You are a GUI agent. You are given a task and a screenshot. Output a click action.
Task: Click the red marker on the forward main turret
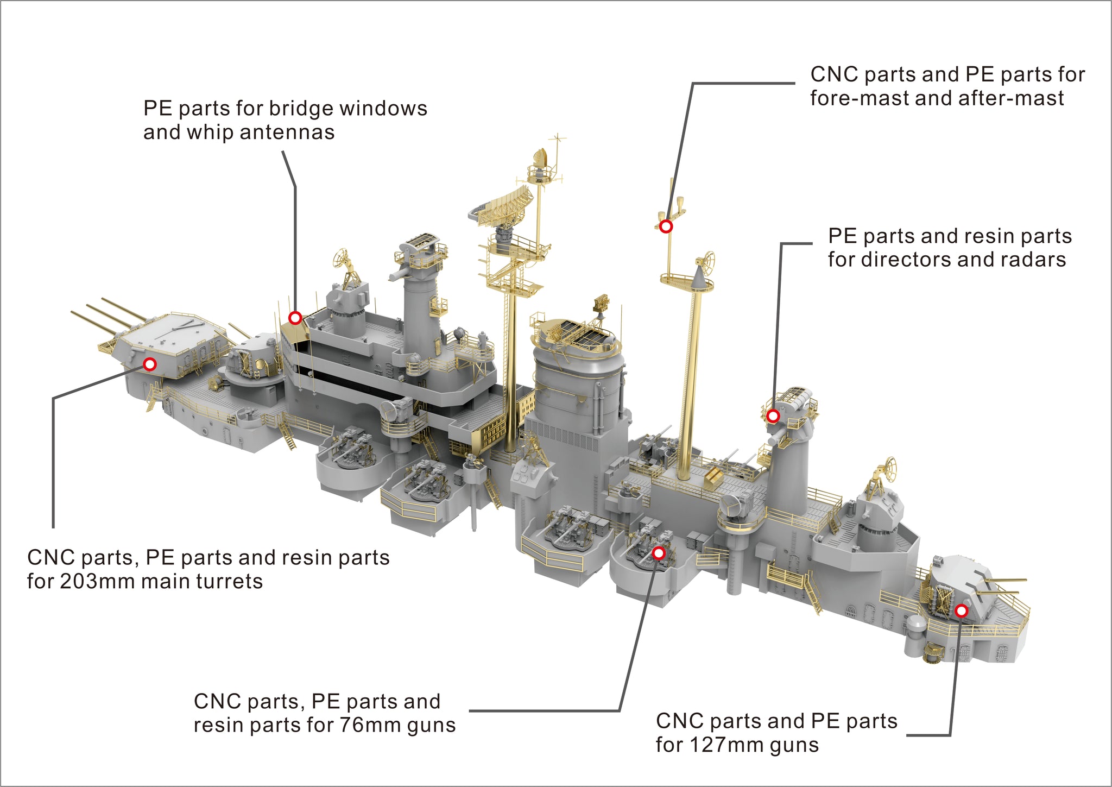(x=149, y=364)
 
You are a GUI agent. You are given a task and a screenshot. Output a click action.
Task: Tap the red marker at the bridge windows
(x=295, y=318)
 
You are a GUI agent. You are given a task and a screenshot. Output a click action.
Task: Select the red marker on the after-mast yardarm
(x=666, y=226)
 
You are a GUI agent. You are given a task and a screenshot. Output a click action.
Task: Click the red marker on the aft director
(x=773, y=416)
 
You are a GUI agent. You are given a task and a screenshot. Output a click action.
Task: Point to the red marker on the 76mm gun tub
(x=659, y=553)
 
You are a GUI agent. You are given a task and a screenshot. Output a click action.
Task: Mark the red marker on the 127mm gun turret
(x=961, y=610)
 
